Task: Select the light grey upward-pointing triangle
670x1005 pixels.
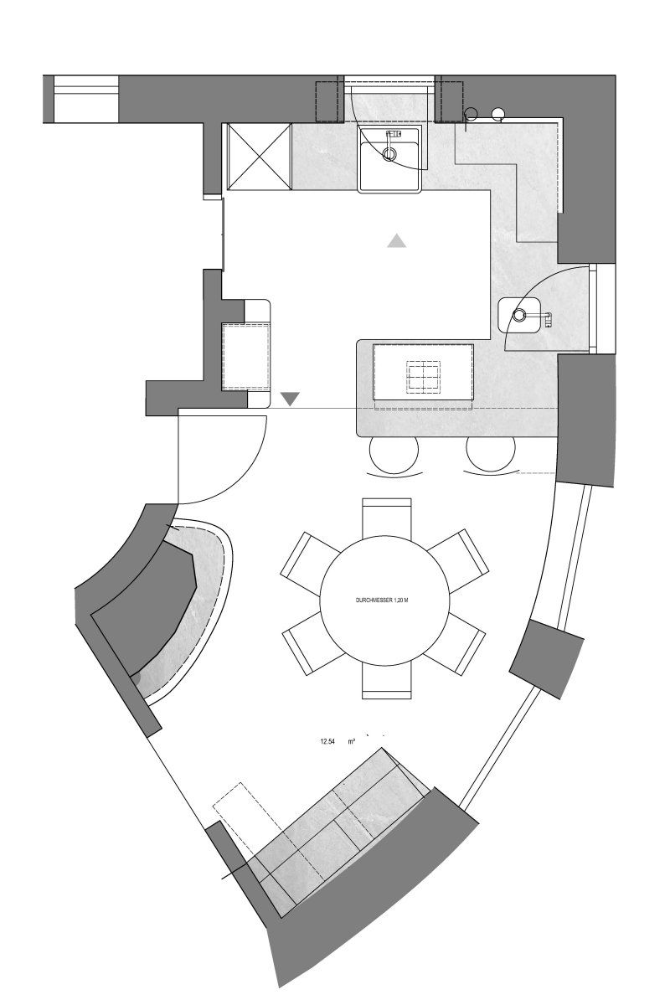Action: point(397,242)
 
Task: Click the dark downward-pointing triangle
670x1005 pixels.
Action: point(290,399)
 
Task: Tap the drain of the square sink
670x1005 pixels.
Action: point(390,154)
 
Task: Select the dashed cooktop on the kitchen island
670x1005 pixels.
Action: point(424,377)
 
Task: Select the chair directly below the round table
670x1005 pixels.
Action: point(387,680)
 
